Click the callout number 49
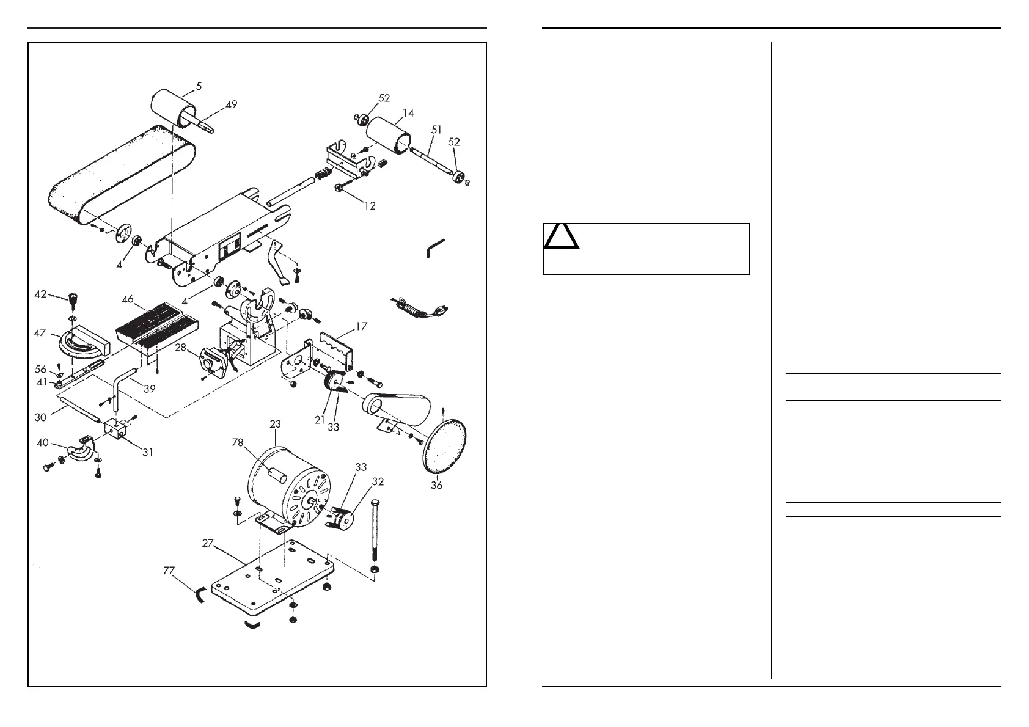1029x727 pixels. pyautogui.click(x=232, y=104)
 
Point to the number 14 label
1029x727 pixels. pyautogui.click(x=408, y=113)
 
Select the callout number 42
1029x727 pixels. pyautogui.click(x=40, y=294)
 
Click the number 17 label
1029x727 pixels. pyautogui.click(x=361, y=326)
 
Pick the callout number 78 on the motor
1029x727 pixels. pyautogui.click(x=238, y=443)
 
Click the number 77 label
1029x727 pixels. pyautogui.click(x=169, y=571)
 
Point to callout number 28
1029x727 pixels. pyautogui.click(x=180, y=348)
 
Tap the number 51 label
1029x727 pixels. pyautogui.click(x=436, y=130)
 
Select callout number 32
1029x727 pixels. pyautogui.click(x=378, y=481)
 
